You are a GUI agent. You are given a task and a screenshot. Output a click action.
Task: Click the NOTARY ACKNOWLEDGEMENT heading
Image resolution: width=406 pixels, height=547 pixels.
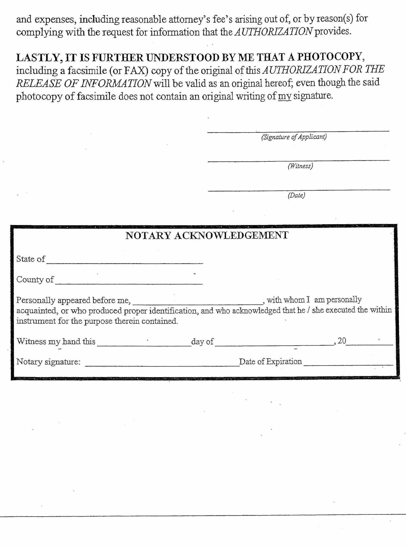pos(207,235)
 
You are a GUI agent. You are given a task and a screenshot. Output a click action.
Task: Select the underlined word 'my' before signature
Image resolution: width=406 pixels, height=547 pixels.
pos(284,96)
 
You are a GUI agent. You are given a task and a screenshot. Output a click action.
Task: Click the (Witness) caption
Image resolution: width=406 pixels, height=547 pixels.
pos(300,166)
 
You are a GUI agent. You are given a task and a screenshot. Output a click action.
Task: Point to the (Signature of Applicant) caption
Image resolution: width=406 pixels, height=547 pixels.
pos(294,137)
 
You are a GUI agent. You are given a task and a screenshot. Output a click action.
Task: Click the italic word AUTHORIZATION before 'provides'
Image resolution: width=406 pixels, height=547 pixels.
pos(273,32)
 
